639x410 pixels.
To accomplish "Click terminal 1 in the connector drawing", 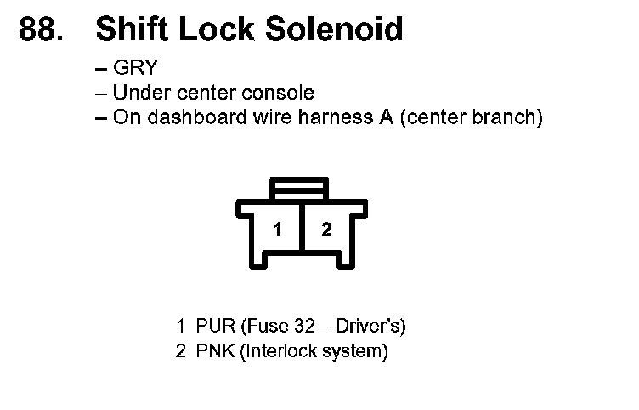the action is tap(277, 229).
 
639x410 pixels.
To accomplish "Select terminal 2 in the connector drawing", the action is tap(326, 229).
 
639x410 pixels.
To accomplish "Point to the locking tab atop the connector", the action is tap(299, 188).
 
